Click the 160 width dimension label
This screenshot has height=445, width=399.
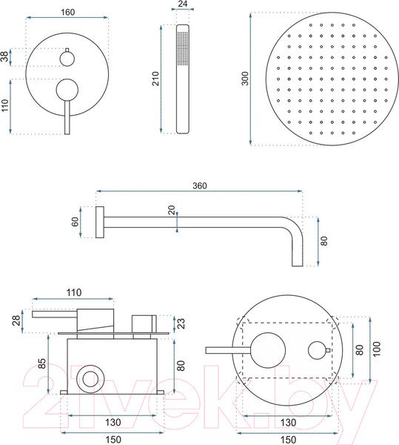pos(67,12)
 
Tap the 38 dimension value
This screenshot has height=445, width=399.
pos(4,56)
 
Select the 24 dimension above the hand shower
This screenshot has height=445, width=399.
pos(183,4)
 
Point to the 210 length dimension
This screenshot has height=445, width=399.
pos(155,79)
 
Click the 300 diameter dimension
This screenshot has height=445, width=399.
pos(245,79)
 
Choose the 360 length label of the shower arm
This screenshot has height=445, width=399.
pos(200,185)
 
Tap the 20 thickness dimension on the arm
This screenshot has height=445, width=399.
pos(172,210)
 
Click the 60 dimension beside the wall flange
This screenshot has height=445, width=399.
pos(75,222)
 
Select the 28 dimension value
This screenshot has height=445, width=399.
pos(16,320)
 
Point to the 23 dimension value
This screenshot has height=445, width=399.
pos(181,323)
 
